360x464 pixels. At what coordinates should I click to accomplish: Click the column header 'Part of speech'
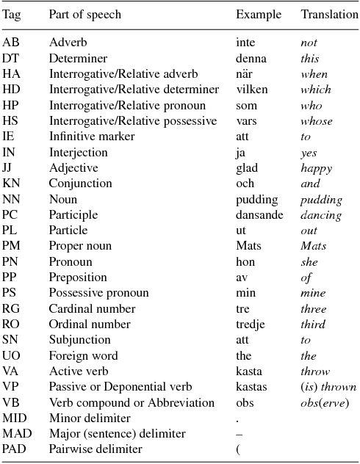(84, 15)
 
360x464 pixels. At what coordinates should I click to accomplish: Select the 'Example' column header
(255, 15)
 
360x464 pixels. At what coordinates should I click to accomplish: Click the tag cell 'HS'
(10, 121)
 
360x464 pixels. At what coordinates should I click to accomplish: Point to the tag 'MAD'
(15, 434)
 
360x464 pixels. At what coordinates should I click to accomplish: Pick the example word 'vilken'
(251, 90)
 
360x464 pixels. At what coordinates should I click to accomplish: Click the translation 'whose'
(316, 121)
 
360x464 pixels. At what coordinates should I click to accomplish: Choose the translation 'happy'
(316, 168)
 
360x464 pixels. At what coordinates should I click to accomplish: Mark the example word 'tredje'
(251, 325)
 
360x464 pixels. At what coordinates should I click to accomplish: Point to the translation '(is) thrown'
(328, 387)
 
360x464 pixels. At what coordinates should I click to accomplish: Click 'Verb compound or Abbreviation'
(131, 403)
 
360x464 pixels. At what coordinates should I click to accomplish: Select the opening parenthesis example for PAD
(238, 449)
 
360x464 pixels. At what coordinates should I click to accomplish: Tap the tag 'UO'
(11, 356)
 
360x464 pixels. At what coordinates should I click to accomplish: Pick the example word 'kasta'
(249, 371)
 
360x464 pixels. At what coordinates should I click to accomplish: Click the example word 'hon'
(245, 262)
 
